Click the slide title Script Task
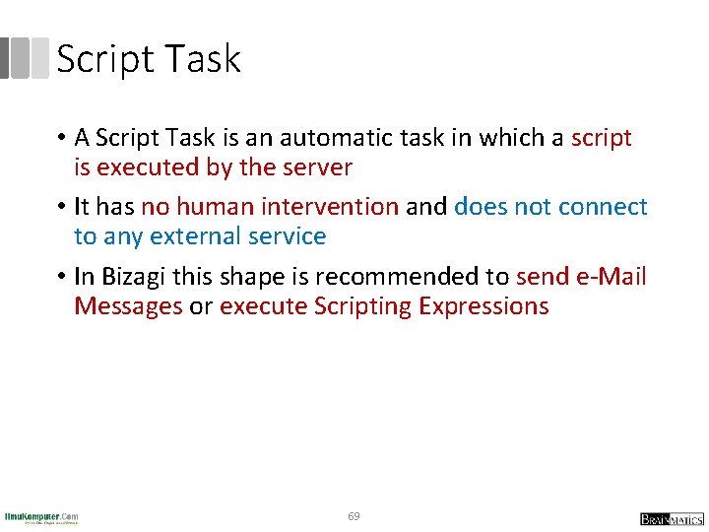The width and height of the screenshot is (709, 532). click(149, 60)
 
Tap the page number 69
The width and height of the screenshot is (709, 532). click(354, 516)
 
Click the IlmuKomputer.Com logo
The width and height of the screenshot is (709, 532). click(41, 517)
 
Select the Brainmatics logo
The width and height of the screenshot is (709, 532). click(672, 518)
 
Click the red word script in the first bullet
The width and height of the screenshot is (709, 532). click(601, 138)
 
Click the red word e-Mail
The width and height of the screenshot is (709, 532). click(608, 277)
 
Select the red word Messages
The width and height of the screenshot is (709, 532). click(128, 306)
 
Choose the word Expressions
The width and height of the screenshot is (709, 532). click(483, 306)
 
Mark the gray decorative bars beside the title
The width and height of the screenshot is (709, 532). click(24, 58)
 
